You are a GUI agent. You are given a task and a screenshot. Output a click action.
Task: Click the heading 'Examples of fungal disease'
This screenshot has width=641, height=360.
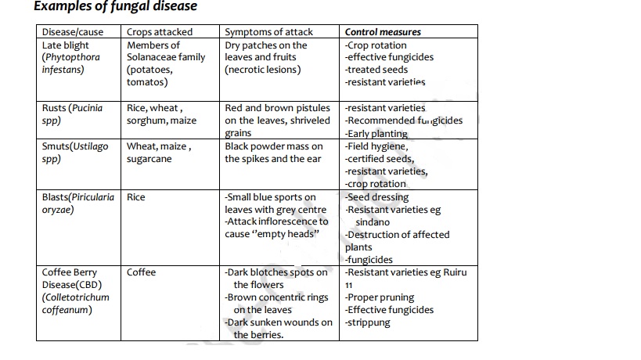(x=115, y=7)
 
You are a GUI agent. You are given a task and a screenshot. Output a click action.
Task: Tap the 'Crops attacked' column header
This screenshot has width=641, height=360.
(x=159, y=32)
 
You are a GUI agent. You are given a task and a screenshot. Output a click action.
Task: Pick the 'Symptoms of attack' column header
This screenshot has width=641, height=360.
(x=268, y=32)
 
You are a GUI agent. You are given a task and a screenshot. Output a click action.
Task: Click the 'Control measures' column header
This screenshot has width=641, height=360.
(x=383, y=32)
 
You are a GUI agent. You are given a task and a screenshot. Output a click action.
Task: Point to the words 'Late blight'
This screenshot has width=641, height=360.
(x=65, y=45)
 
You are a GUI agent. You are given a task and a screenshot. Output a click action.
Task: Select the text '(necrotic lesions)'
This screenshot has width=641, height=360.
(x=262, y=70)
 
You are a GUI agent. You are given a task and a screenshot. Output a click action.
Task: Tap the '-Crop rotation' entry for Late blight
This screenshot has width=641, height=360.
(x=376, y=45)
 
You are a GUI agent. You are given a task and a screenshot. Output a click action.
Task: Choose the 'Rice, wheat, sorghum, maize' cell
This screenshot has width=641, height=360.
(x=161, y=114)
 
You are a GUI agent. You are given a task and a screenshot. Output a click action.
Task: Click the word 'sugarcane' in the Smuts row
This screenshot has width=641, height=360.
(x=149, y=159)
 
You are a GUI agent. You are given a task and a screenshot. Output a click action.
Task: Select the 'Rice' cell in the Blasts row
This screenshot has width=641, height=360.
(x=136, y=197)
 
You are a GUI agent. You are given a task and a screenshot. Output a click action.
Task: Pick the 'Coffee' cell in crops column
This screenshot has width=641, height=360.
(x=142, y=272)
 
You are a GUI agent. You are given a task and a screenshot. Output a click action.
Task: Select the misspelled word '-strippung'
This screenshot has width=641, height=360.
(x=367, y=322)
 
